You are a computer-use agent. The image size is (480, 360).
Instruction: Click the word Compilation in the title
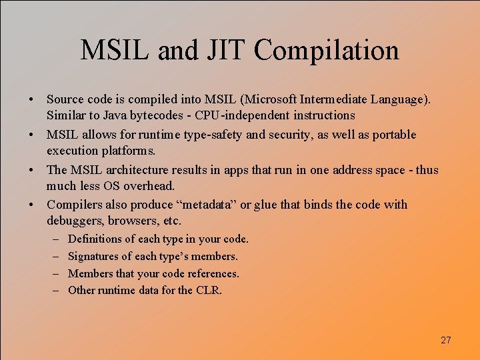(327, 51)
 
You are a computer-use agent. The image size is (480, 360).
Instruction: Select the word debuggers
(75, 220)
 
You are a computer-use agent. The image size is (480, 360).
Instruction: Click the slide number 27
(446, 340)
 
